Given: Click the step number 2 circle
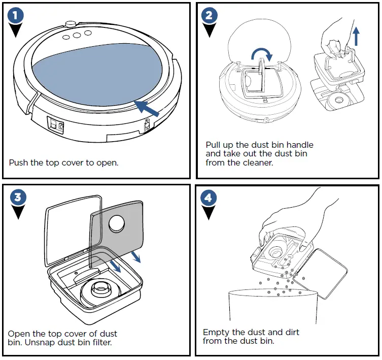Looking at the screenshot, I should pyautogui.click(x=208, y=16).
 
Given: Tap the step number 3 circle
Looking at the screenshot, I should pyautogui.click(x=17, y=198).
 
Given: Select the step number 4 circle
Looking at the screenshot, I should pyautogui.click(x=208, y=198).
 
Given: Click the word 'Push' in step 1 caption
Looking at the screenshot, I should pyautogui.click(x=19, y=163).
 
